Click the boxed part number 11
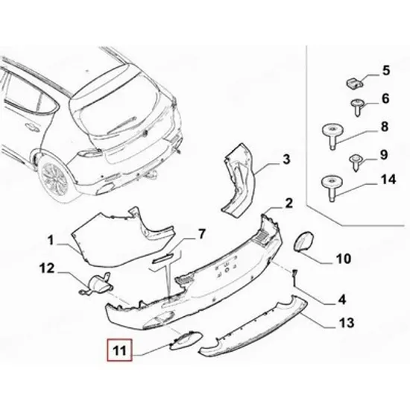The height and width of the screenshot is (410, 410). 119,350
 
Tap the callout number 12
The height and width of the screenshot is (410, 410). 47,268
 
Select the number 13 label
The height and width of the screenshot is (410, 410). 347,322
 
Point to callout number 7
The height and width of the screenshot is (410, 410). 201,234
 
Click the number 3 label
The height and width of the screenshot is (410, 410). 286,160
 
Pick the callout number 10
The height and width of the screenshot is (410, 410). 344,259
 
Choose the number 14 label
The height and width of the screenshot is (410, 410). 388,180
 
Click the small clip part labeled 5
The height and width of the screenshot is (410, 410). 354,83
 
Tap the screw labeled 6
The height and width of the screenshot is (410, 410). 357,107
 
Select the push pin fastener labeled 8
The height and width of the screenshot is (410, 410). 332,136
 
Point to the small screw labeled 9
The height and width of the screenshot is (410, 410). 356,162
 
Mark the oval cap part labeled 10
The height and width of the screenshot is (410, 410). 304,242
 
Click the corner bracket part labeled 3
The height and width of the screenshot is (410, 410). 239,180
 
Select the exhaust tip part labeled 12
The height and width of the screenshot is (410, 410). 95,285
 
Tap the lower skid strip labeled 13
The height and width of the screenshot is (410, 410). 253,327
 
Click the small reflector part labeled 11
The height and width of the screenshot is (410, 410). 186,340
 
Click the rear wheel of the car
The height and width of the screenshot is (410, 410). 54,179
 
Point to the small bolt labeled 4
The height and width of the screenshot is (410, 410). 294,278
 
